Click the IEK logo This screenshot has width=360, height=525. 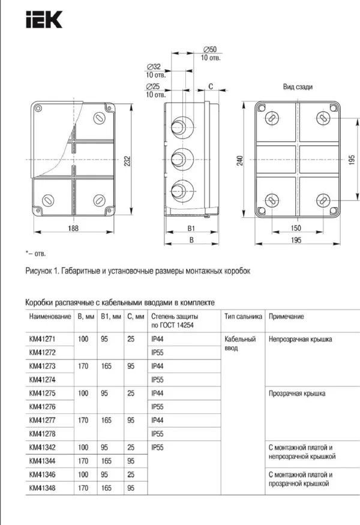44,21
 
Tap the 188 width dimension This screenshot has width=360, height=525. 73,229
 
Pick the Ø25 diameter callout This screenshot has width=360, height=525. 153,87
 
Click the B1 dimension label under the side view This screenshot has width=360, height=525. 191,229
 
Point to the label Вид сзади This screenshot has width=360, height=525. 298,87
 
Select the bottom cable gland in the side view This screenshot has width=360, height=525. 178,193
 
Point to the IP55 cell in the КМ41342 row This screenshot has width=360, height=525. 158,448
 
